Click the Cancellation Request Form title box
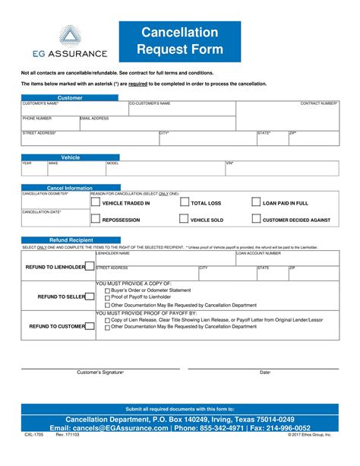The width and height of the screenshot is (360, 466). (180, 42)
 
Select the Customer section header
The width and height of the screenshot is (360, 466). (70, 98)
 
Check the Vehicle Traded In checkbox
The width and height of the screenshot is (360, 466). (95, 203)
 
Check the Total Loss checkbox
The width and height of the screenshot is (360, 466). (184, 203)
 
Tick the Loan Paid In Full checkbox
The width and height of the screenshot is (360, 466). (255, 203)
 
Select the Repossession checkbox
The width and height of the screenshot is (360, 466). (95, 219)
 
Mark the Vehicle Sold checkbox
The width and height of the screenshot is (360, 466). (183, 219)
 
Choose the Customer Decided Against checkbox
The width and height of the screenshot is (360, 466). (255, 219)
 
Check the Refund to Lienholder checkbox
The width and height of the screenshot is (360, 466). (89, 267)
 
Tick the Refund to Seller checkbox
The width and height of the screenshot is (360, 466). (89, 296)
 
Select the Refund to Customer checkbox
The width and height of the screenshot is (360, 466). (89, 325)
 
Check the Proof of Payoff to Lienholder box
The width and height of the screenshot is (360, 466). (107, 297)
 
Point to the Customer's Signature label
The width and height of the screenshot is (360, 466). (101, 372)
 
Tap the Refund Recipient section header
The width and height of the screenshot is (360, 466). (70, 239)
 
